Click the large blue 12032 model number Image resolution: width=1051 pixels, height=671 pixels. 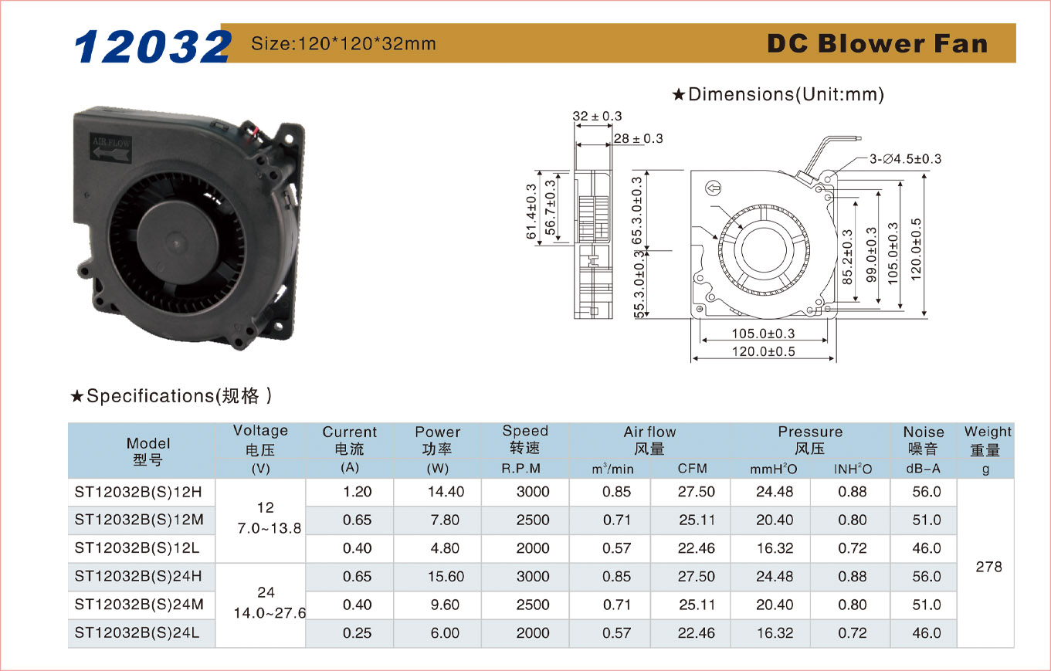click(x=152, y=46)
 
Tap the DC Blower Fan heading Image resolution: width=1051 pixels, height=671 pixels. click(x=877, y=44)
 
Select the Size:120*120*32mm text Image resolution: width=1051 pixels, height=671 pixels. click(x=344, y=44)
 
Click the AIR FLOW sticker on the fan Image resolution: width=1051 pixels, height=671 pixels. click(x=110, y=147)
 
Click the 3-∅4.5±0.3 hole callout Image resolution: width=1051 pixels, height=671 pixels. click(x=905, y=159)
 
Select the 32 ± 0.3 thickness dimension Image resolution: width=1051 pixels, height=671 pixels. click(x=597, y=116)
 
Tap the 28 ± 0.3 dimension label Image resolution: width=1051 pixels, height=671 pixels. click(x=638, y=138)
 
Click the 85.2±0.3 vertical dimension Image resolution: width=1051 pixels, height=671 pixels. click(x=847, y=256)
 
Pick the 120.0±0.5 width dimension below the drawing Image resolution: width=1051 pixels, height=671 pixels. click(x=764, y=351)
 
